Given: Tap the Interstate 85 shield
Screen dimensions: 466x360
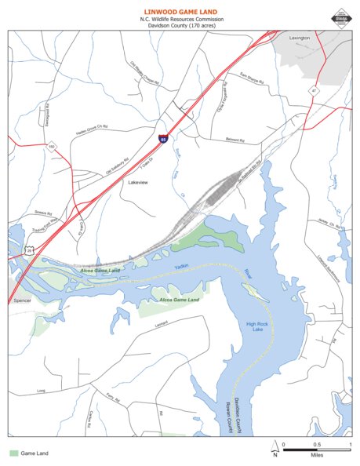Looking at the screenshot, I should click(163, 139).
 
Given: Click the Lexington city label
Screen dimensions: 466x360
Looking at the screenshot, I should click(299, 38).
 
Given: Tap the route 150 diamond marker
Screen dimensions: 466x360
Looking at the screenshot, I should click(52, 147).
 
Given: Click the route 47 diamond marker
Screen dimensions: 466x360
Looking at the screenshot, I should click(313, 90).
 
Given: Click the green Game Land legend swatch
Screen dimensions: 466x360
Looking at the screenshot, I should click(13, 453).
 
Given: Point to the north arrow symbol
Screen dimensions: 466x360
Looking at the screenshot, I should click(274, 450).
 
